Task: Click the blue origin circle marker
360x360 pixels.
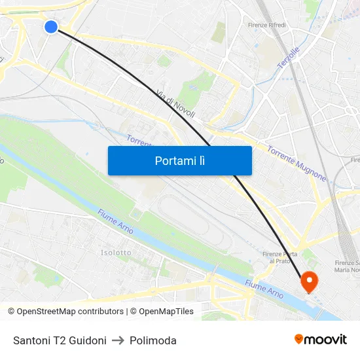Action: (51, 26)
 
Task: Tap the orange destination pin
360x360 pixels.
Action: (308, 282)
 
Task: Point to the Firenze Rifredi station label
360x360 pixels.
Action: (267, 25)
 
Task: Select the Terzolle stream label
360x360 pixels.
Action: (288, 58)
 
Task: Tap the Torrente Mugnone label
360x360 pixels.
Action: (296, 163)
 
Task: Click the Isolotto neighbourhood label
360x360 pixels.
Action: (116, 252)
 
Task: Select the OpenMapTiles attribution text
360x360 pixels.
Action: (162, 312)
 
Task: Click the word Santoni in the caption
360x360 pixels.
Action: (31, 340)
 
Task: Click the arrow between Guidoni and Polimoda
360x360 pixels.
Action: (118, 340)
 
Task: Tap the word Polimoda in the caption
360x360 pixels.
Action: (153, 340)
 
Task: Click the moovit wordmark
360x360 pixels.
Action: (326, 340)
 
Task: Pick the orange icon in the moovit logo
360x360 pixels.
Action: (299, 339)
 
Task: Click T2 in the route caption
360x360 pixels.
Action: (59, 340)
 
